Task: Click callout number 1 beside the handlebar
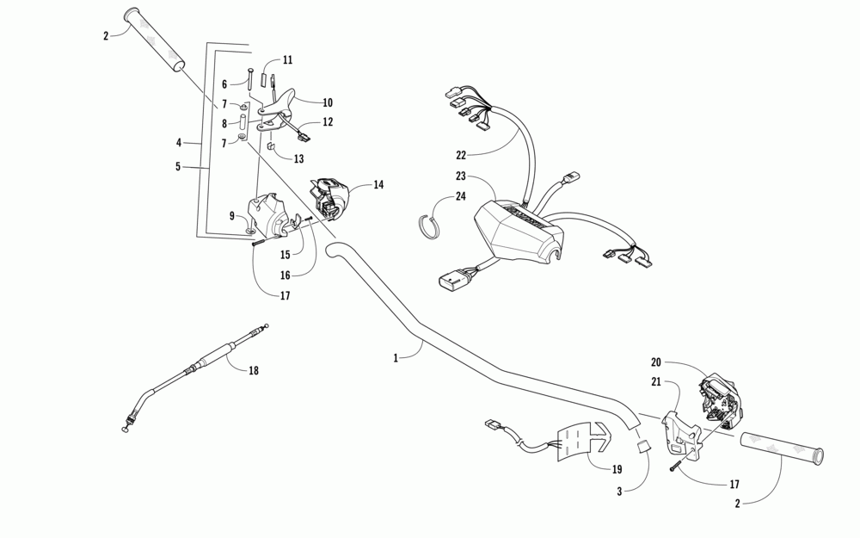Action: [396, 357]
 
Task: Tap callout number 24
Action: [461, 197]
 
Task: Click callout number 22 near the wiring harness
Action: [461, 156]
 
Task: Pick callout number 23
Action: [461, 176]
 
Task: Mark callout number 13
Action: [298, 159]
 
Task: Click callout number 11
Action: [287, 60]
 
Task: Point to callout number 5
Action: [178, 166]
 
